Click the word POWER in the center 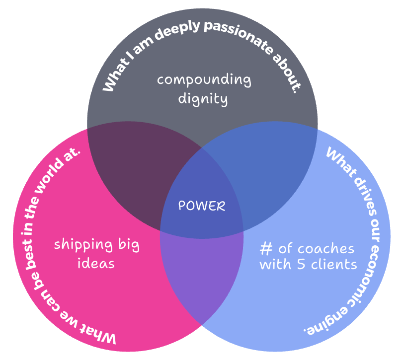[x=202, y=206]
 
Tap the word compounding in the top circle [x=204, y=80]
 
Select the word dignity [x=204, y=99]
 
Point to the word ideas [x=96, y=263]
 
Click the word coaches [x=326, y=248]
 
